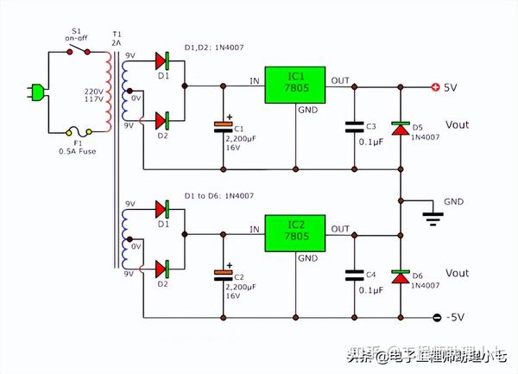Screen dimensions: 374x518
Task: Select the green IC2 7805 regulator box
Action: click(295, 231)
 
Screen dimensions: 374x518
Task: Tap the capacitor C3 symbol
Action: click(354, 126)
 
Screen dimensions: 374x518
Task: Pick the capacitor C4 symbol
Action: click(354, 275)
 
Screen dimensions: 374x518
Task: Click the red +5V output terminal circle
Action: click(435, 86)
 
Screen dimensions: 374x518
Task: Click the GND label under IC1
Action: click(307, 111)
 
